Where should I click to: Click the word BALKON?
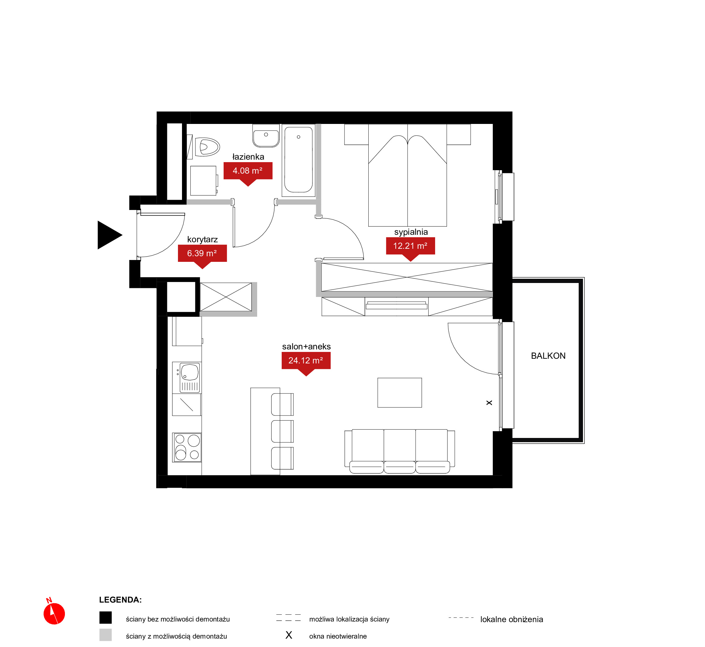tap(548, 356)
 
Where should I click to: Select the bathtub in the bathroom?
tap(298, 160)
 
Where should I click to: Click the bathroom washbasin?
tap(266, 135)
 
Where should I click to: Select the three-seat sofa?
tap(399, 451)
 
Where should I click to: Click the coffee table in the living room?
tap(399, 393)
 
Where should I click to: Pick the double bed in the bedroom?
tap(407, 175)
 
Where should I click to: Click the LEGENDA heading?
tap(121, 600)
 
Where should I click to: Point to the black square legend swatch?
tap(105, 617)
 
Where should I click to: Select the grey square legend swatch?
tap(105, 635)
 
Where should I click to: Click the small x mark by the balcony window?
tap(489, 403)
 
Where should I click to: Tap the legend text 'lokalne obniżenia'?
tap(512, 619)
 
